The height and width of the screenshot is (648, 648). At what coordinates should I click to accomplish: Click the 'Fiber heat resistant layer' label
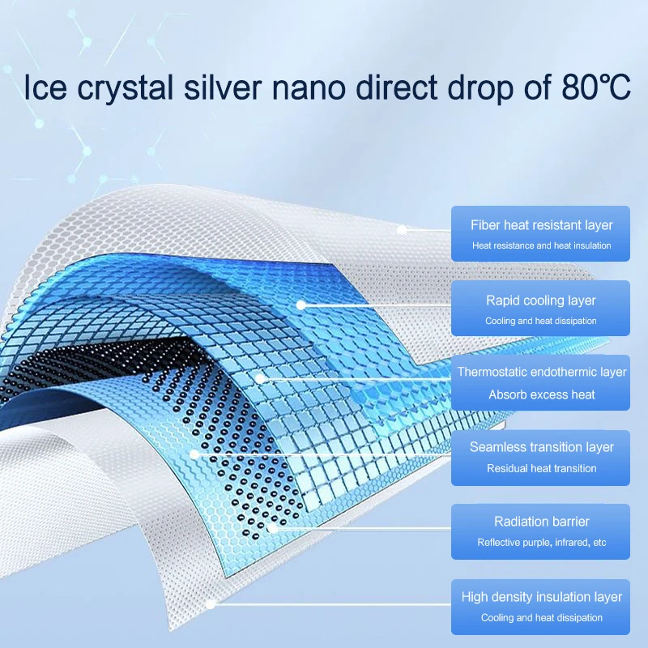(x=542, y=225)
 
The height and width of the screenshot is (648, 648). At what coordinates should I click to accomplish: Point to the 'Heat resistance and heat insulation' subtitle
(x=542, y=245)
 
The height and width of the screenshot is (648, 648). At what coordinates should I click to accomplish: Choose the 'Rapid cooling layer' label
(x=542, y=301)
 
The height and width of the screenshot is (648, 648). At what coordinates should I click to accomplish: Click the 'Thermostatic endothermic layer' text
(x=542, y=373)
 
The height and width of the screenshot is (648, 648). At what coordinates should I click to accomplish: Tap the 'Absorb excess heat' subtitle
(x=542, y=394)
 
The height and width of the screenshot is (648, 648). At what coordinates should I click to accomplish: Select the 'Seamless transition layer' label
(x=542, y=447)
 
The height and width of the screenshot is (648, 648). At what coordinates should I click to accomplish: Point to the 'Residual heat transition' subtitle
(x=542, y=468)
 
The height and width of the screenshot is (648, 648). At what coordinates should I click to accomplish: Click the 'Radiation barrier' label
(x=542, y=522)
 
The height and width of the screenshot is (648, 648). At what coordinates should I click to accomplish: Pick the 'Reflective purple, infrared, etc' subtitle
(x=542, y=543)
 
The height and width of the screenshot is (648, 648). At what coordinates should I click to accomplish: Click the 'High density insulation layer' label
(x=542, y=597)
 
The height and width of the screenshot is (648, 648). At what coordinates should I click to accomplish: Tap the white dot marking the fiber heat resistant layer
(x=401, y=230)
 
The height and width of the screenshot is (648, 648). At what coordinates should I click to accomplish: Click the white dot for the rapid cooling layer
(x=301, y=305)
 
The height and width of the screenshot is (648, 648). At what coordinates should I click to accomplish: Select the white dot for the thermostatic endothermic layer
(x=260, y=377)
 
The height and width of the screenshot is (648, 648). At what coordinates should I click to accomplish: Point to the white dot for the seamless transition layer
(x=194, y=454)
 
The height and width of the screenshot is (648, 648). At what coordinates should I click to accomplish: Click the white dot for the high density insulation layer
(x=211, y=603)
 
